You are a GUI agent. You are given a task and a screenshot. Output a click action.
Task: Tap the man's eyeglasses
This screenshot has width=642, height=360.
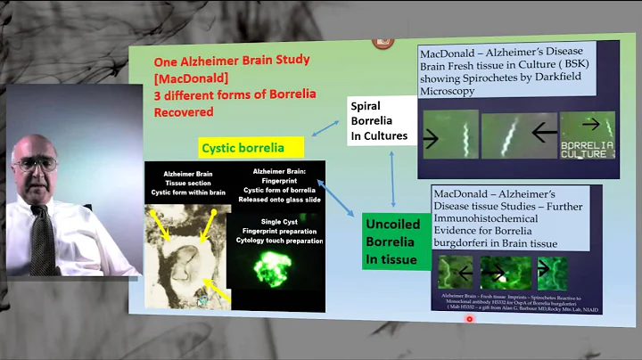pyautogui.click(x=36, y=163)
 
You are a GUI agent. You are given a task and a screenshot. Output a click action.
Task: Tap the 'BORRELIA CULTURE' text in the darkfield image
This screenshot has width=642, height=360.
pyautogui.click(x=587, y=147)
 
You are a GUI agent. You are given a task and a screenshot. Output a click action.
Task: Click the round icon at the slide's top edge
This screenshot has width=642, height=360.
pyautogui.click(x=383, y=40)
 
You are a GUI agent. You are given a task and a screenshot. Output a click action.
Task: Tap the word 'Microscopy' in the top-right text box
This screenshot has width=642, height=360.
pyautogui.click(x=454, y=91)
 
